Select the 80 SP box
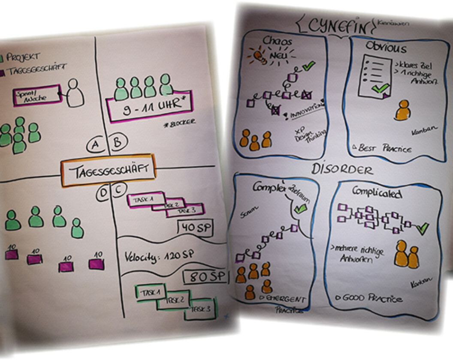point(205,277)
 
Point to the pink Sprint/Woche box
point(37,96)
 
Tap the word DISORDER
point(342,169)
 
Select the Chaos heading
point(278,42)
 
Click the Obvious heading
point(386,47)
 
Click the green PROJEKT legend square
point(2,57)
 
